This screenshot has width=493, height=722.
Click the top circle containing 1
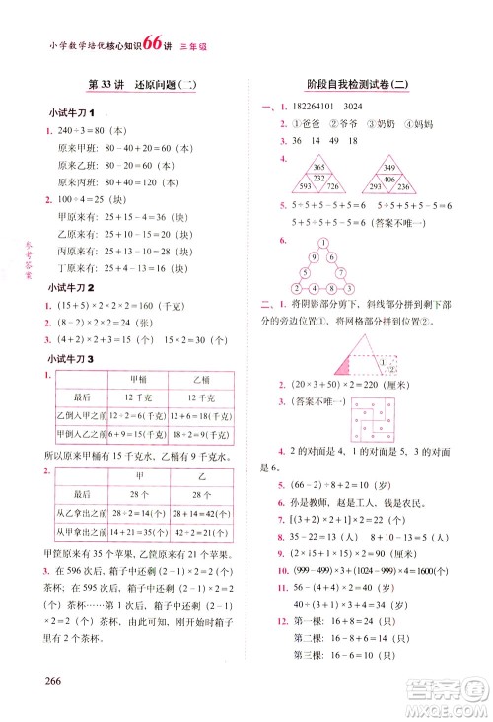point(321,242)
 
